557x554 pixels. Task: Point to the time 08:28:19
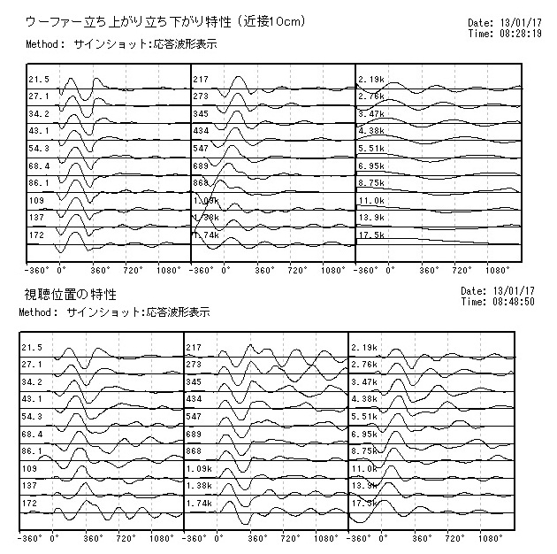coord(521,33)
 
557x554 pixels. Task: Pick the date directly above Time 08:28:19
coord(521,23)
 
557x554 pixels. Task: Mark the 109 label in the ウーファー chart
coord(34,201)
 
